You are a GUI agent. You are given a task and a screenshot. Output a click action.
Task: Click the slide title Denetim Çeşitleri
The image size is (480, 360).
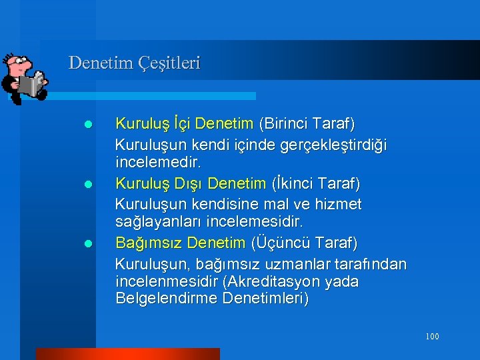(x=134, y=63)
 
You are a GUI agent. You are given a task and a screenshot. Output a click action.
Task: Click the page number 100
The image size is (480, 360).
(x=432, y=337)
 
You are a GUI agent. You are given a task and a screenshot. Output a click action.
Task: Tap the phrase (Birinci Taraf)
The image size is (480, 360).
(x=307, y=124)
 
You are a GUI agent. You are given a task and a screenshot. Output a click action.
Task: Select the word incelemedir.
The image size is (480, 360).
(x=162, y=162)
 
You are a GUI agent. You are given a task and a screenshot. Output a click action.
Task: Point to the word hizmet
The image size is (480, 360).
(x=338, y=203)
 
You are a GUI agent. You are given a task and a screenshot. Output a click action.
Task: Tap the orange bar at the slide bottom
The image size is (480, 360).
(x=127, y=354)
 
